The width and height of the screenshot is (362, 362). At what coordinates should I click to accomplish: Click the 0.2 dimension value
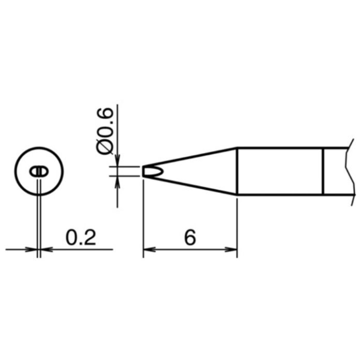coord(81,238)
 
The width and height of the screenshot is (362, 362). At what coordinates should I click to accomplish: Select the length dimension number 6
coord(190,238)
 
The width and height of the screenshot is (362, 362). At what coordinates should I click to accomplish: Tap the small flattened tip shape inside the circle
coord(39,172)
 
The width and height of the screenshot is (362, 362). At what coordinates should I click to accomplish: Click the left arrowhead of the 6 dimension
coord(149,249)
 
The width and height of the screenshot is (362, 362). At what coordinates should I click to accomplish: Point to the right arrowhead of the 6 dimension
coord(231,249)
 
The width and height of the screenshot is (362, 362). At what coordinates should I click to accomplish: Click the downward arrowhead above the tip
coord(117,160)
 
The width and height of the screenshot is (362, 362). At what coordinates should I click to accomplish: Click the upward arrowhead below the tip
coord(117,182)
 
